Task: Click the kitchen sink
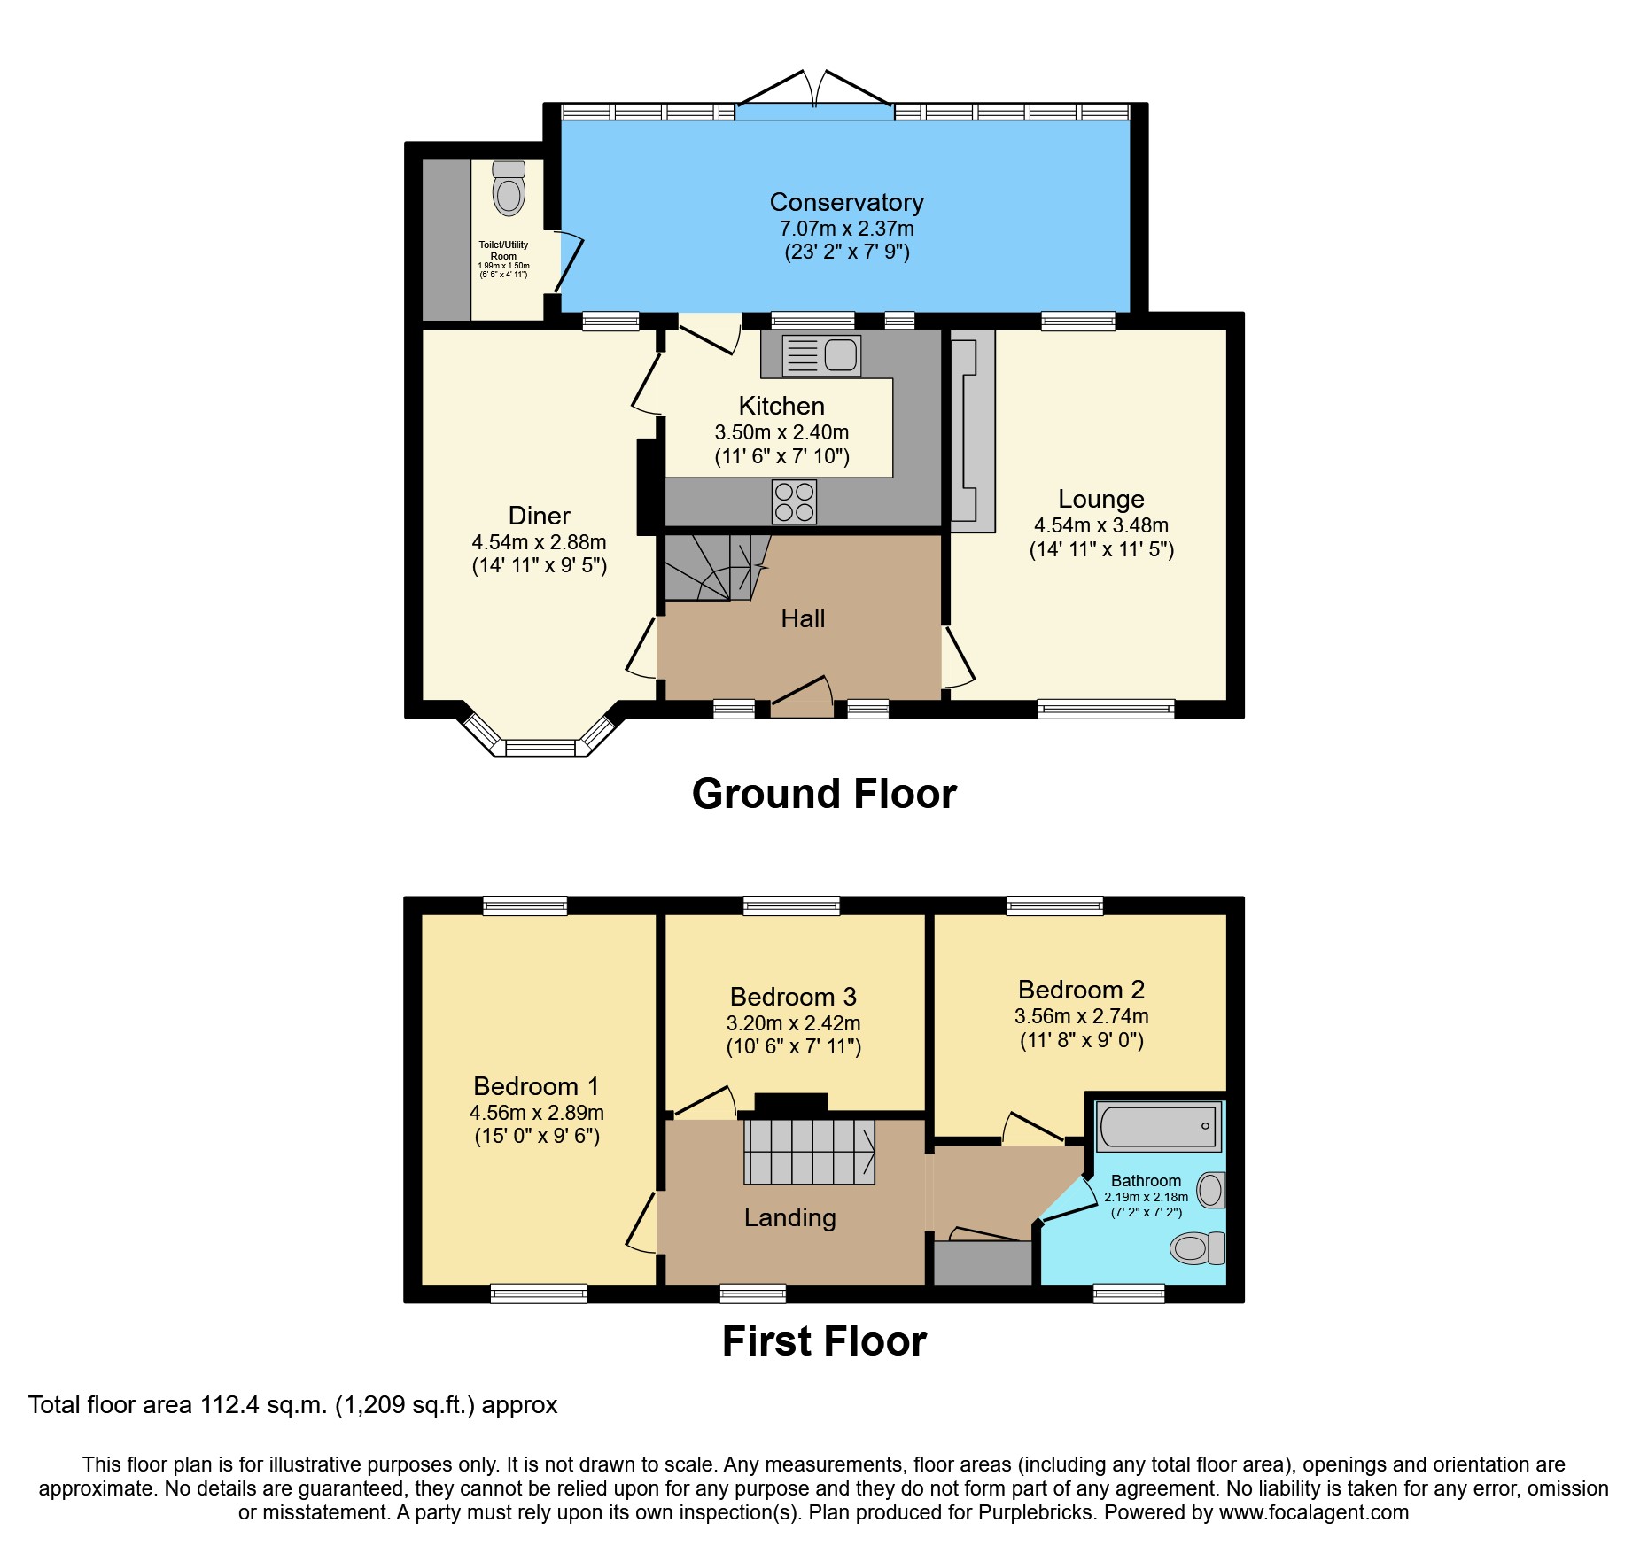821,355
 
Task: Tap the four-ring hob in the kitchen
794,501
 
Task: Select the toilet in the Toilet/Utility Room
509,189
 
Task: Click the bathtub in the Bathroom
1158,1126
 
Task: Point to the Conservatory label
846,203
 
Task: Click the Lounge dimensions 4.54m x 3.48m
1100,525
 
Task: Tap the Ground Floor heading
823,793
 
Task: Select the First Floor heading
823,1340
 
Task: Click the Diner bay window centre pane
540,748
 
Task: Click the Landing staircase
808,1152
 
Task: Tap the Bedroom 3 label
793,997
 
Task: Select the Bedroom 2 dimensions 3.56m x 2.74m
1081,1016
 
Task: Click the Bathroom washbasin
1211,1190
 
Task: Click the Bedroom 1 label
536,1086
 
